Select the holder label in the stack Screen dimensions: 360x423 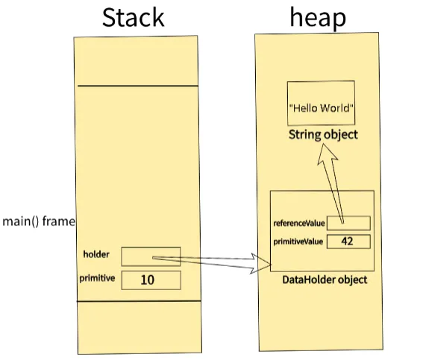point(97,255)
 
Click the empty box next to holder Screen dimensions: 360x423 point(150,256)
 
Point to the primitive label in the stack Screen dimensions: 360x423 point(97,279)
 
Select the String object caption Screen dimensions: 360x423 point(323,135)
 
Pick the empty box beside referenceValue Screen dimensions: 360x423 point(348,223)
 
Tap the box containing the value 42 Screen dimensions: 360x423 point(348,241)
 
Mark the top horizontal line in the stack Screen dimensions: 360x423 point(137,86)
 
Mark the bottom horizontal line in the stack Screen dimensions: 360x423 point(137,301)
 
